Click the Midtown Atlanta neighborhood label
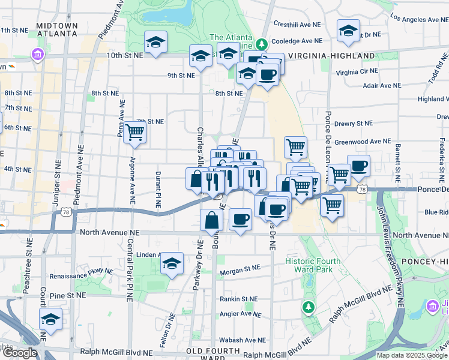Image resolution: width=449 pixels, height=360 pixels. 57,29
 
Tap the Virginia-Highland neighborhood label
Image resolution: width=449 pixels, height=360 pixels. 331,56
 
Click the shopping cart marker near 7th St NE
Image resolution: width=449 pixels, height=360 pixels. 135,132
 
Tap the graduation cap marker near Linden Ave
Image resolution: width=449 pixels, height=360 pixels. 172,263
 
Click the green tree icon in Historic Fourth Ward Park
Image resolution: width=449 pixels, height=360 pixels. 309,307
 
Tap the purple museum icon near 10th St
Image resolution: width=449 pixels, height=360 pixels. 38,55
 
